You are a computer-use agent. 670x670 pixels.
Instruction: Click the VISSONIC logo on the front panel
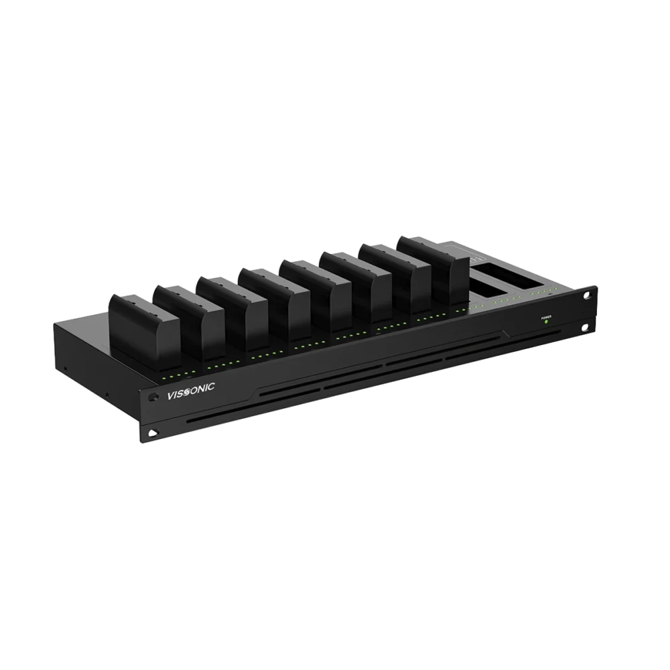click(190, 391)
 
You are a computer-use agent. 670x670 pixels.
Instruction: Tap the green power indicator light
click(546, 321)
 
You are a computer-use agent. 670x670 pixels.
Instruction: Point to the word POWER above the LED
click(546, 317)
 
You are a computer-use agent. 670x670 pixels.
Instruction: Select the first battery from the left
click(145, 328)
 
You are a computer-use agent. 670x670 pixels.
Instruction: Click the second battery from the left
click(189, 319)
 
